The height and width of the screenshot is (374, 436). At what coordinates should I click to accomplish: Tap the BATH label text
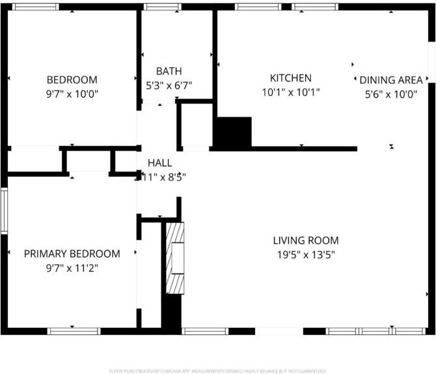(x=169, y=71)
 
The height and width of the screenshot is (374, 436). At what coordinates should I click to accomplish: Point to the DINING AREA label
(x=391, y=80)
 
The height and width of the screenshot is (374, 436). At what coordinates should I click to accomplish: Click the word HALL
(x=160, y=163)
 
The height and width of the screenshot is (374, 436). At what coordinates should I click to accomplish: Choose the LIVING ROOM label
(x=306, y=240)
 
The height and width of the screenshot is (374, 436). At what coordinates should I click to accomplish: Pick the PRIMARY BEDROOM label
(x=72, y=253)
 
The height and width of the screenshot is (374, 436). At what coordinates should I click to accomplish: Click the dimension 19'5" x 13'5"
(x=306, y=254)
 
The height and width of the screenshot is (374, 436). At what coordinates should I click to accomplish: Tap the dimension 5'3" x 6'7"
(x=169, y=85)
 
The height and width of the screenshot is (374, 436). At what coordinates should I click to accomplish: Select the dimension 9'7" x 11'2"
(x=72, y=267)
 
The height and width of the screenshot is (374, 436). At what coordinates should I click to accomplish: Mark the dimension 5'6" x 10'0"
(x=391, y=94)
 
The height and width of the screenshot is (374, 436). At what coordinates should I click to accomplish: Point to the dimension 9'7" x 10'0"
(x=72, y=93)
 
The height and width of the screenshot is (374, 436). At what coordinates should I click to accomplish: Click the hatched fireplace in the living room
(x=175, y=259)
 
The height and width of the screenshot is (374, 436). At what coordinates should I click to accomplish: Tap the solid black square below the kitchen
(x=232, y=132)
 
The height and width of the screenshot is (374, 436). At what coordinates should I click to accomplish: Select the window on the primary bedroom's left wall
(x=4, y=210)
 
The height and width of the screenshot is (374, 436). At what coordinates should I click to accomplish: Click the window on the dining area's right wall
(x=431, y=63)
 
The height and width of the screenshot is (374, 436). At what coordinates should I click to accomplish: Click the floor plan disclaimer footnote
(x=218, y=371)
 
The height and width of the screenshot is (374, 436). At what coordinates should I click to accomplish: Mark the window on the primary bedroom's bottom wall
(x=74, y=331)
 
